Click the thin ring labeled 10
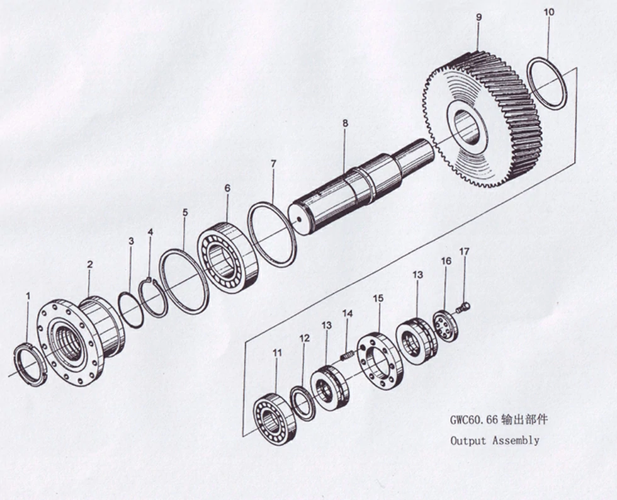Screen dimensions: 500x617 (546, 83)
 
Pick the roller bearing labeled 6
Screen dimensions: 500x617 (227, 257)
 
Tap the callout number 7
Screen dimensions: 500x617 (273, 164)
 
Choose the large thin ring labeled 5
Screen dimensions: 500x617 (184, 281)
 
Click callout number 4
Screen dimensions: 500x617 (150, 232)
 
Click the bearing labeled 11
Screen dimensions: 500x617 (275, 419)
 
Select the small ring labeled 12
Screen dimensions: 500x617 (303, 404)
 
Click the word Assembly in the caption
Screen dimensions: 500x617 (516, 440)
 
